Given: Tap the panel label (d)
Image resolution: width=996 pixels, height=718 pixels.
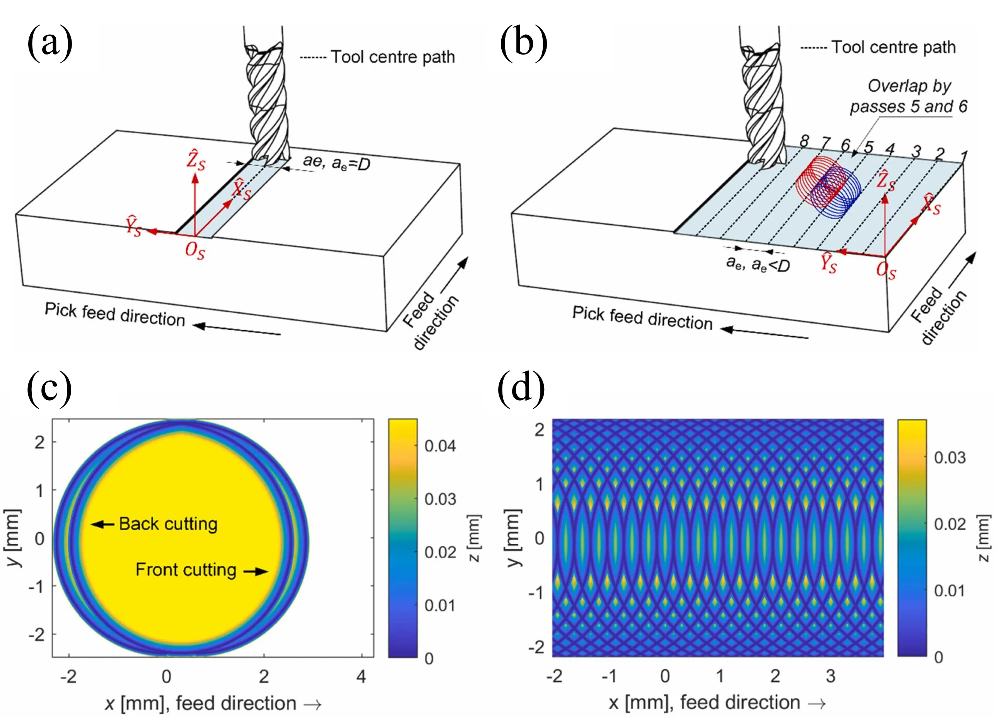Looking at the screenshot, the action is coord(521,388).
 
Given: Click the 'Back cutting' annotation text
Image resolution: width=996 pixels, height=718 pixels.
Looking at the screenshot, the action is coord(169,524).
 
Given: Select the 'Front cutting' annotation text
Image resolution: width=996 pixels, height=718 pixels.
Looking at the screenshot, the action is coord(186,570).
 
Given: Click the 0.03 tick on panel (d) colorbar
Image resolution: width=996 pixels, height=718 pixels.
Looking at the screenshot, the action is coord(950,458).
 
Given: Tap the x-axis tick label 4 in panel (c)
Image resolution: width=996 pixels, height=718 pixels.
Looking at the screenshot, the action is coord(361,676).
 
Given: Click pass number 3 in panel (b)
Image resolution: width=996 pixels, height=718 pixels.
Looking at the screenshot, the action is coord(916,151).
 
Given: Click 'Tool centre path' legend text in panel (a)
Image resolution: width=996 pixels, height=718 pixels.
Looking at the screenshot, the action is coord(393,57).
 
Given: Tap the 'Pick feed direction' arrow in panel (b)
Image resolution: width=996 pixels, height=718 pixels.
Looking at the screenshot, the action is coord(764,333).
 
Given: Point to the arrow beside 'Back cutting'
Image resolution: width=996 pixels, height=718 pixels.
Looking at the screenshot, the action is coord(103,524).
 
